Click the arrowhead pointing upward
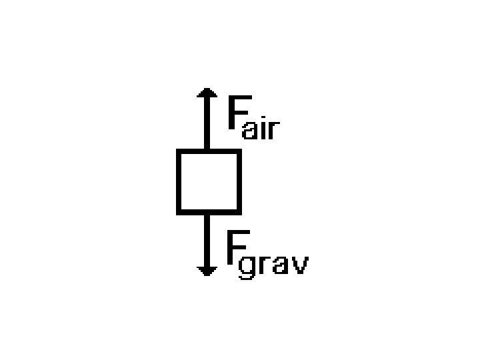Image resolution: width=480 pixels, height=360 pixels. pyautogui.click(x=207, y=94)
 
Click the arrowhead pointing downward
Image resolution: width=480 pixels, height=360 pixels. pyautogui.click(x=207, y=269)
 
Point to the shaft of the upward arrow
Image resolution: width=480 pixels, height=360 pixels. pyautogui.click(x=207, y=123)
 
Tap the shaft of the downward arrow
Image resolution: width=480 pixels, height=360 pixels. pyautogui.click(x=207, y=240)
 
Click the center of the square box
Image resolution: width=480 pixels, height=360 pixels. pyautogui.click(x=208, y=182)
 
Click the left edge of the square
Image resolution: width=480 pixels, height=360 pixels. pyautogui.click(x=179, y=182)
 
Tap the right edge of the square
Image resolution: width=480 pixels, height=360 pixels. pyautogui.click(x=237, y=182)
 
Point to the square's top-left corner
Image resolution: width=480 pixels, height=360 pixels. pyautogui.click(x=179, y=152)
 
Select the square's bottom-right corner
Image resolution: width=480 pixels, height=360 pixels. pyautogui.click(x=237, y=212)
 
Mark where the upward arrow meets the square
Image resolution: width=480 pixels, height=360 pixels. pyautogui.click(x=207, y=151)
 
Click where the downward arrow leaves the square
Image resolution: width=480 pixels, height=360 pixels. pyautogui.click(x=207, y=213)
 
